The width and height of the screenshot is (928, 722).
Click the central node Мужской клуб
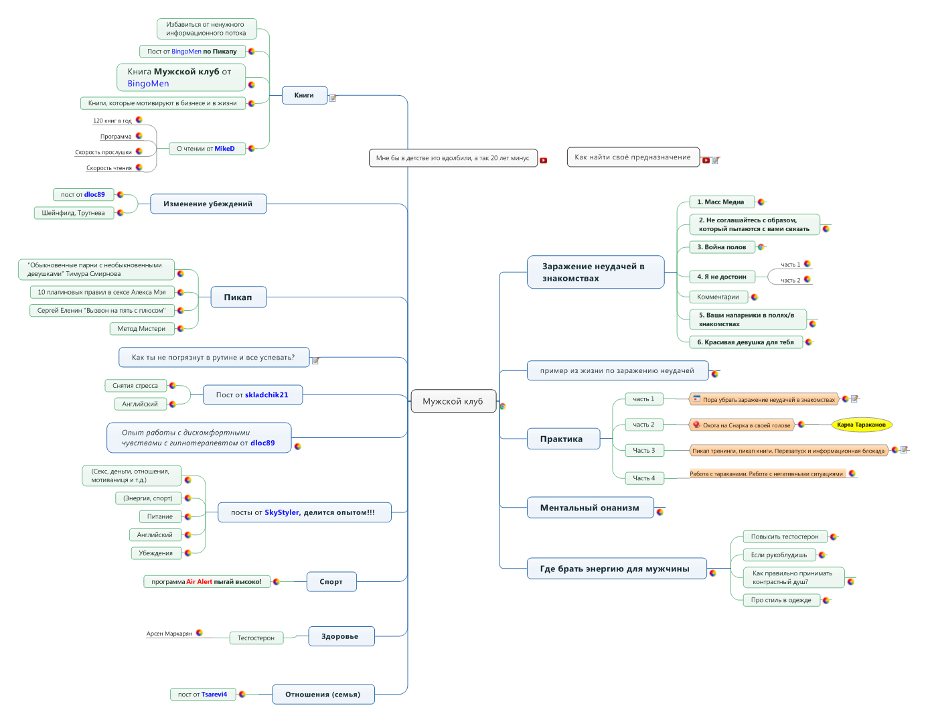[453, 401]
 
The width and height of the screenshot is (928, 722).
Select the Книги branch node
[305, 95]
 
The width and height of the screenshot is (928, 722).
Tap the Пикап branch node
[238, 297]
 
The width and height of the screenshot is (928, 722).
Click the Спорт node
[331, 581]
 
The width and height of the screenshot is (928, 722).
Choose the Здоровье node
[341, 636]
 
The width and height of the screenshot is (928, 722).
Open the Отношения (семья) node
[323, 695]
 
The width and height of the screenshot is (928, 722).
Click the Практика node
[562, 439]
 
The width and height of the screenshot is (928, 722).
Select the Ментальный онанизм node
[590, 508]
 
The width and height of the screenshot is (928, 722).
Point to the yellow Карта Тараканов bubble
[861, 425]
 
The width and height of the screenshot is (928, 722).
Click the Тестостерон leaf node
[256, 638]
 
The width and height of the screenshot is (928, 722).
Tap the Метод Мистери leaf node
[141, 329]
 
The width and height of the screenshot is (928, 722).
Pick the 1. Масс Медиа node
[721, 202]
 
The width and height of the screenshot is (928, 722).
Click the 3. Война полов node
[722, 247]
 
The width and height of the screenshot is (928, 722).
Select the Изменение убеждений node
[208, 204]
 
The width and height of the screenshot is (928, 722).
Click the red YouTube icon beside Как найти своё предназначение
[706, 161]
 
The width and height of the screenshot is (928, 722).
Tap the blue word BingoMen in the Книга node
[148, 84]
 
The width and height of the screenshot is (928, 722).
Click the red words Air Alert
[199, 581]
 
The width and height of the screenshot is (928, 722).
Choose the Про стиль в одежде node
[781, 600]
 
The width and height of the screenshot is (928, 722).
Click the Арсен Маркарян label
[169, 634]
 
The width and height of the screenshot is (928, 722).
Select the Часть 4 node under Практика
[644, 478]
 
